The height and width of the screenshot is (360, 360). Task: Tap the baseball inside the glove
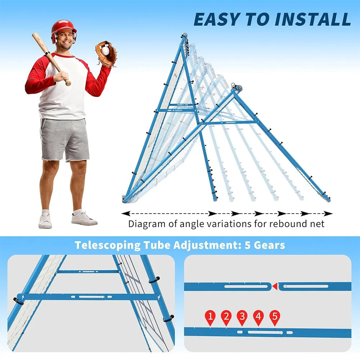[x=105, y=51]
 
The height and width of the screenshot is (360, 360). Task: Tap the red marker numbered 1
[x=210, y=317]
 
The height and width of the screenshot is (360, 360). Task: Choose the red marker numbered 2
[x=226, y=317]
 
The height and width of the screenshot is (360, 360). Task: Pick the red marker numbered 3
[x=242, y=317]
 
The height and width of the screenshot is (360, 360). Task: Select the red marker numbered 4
[x=258, y=317]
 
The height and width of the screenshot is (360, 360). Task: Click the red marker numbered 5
[x=275, y=317]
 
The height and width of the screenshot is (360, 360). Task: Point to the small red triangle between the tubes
[x=275, y=287]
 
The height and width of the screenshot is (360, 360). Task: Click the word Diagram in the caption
[x=148, y=224]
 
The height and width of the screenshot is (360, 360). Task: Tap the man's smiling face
[x=65, y=40]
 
